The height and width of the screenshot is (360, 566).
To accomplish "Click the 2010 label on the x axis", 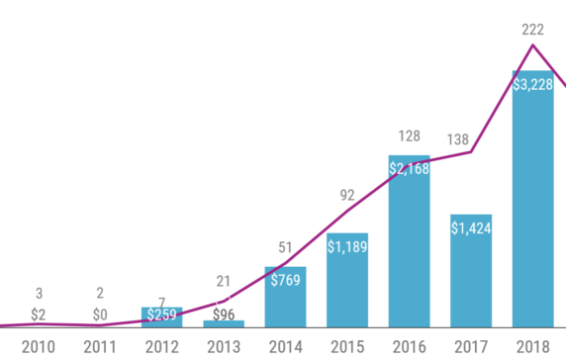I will pos(38,346).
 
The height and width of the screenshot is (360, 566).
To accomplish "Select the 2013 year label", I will pos(223,346).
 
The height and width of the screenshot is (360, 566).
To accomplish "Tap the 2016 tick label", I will pos(409,346).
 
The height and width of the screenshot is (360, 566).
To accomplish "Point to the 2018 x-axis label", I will pos(532,346).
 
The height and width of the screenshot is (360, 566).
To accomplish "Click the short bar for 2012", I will pos(161,317).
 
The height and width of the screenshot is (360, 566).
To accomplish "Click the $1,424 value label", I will pos(471,228).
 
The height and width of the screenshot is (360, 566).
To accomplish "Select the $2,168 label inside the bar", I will pos(409,169).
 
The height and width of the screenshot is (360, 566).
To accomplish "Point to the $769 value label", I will pos(285,280).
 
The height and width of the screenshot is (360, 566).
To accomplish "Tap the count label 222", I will pos(532,30).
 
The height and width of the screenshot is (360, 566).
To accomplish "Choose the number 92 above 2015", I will pos(346,196).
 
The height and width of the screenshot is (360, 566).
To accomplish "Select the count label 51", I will pos(285,247).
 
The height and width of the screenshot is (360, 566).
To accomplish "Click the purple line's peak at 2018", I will pos(533,45).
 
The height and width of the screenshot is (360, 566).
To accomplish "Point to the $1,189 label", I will pos(346,244).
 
